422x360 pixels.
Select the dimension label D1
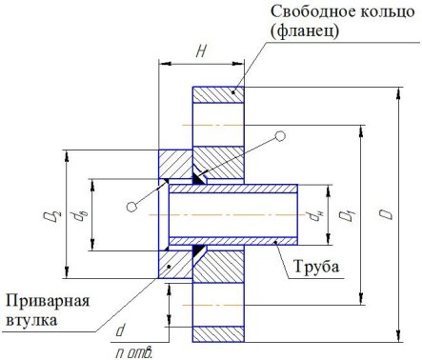(349, 216)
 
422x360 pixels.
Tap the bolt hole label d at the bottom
(121, 330)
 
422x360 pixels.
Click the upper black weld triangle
(199, 178)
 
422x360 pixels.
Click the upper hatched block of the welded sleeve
(175, 163)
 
